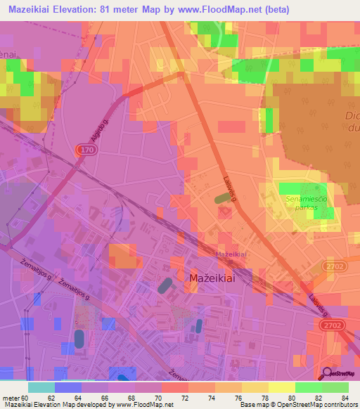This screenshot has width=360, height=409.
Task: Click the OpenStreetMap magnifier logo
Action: (x=328, y=374)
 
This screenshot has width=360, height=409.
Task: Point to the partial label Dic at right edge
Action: (x=352, y=115)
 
